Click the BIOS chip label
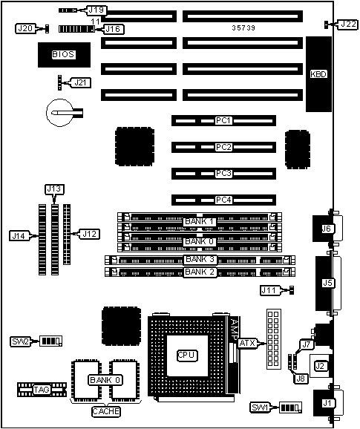63,54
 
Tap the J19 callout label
96,10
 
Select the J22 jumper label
348,24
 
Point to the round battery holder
60,113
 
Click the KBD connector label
318,74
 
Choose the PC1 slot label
223,120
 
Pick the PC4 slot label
223,200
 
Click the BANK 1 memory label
200,221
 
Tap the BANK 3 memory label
200,259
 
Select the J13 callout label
54,189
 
